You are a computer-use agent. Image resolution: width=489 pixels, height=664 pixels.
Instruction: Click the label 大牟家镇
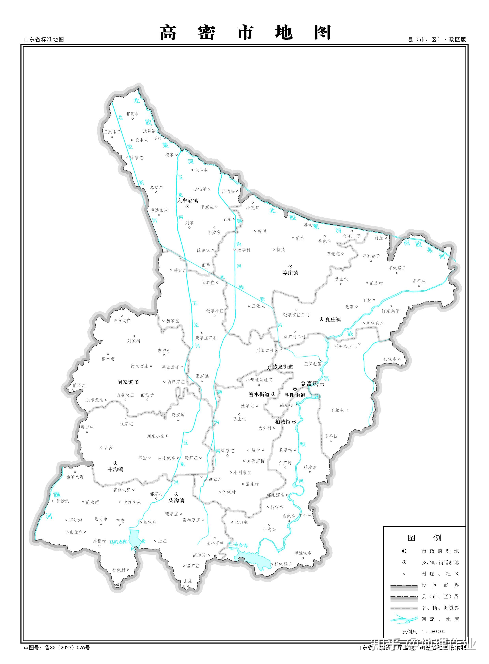click(187, 200)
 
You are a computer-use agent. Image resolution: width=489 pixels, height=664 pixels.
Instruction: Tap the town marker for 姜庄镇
click(290, 267)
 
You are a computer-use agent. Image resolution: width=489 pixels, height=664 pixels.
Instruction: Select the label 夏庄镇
click(333, 319)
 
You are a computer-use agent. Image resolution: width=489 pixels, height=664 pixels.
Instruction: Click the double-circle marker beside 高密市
click(303, 383)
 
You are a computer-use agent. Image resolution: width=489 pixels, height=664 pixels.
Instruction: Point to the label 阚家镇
click(125, 382)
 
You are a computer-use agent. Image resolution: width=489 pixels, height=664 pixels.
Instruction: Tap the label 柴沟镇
click(176, 500)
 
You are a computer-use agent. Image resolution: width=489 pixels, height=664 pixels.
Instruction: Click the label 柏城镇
click(283, 422)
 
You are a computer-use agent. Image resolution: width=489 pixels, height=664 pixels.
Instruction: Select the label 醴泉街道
click(283, 367)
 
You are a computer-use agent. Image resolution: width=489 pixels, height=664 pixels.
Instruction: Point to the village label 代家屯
click(390, 359)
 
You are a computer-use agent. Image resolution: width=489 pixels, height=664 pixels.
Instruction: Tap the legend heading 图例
click(424, 538)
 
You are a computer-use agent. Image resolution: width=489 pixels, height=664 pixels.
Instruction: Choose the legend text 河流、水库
click(440, 619)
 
